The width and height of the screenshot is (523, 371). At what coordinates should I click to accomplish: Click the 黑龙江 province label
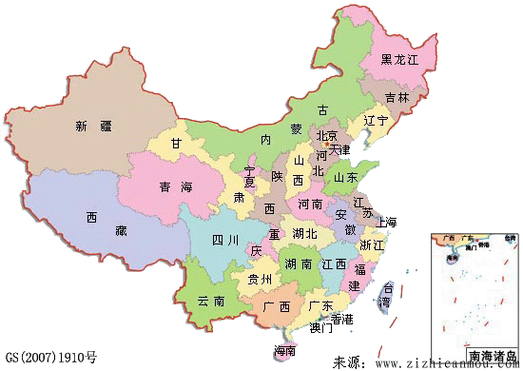coord(399,59)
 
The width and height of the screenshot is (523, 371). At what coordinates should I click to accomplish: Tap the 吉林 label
coord(397,97)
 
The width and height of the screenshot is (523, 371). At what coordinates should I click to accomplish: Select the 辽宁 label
coord(376,121)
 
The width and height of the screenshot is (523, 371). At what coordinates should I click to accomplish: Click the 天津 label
coord(339,149)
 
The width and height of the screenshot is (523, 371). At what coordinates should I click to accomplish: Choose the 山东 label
coord(345,177)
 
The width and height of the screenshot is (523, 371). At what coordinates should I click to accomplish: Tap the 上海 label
coord(386,222)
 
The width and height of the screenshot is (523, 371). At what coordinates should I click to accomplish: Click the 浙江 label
coord(371,244)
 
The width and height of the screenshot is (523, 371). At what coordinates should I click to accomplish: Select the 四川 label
coord(224,239)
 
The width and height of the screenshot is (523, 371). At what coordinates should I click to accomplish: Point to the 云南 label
coord(211,301)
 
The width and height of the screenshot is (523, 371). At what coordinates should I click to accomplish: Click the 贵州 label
coord(260,279)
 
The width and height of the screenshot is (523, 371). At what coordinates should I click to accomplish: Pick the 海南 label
coord(283,350)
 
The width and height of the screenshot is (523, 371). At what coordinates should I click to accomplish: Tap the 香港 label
coord(340,318)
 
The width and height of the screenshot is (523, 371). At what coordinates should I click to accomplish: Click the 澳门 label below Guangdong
coord(320,328)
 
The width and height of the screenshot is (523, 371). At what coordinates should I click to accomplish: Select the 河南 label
coord(310,204)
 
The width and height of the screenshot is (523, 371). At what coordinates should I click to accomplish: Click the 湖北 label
coord(304,233)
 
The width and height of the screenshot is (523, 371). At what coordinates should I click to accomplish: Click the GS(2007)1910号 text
coord(49,358)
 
